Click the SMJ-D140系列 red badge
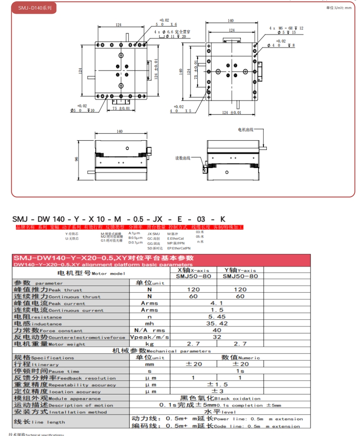34,8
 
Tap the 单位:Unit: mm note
339,8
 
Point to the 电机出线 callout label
246,130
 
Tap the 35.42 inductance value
216,323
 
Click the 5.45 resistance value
216,317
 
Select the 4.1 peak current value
216,303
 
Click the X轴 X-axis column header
193,270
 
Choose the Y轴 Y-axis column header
240,270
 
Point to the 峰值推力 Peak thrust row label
48,290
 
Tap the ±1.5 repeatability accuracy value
217,385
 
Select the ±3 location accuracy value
217,391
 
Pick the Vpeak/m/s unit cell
150,337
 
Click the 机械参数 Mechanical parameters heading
161,351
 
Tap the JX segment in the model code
157,219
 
